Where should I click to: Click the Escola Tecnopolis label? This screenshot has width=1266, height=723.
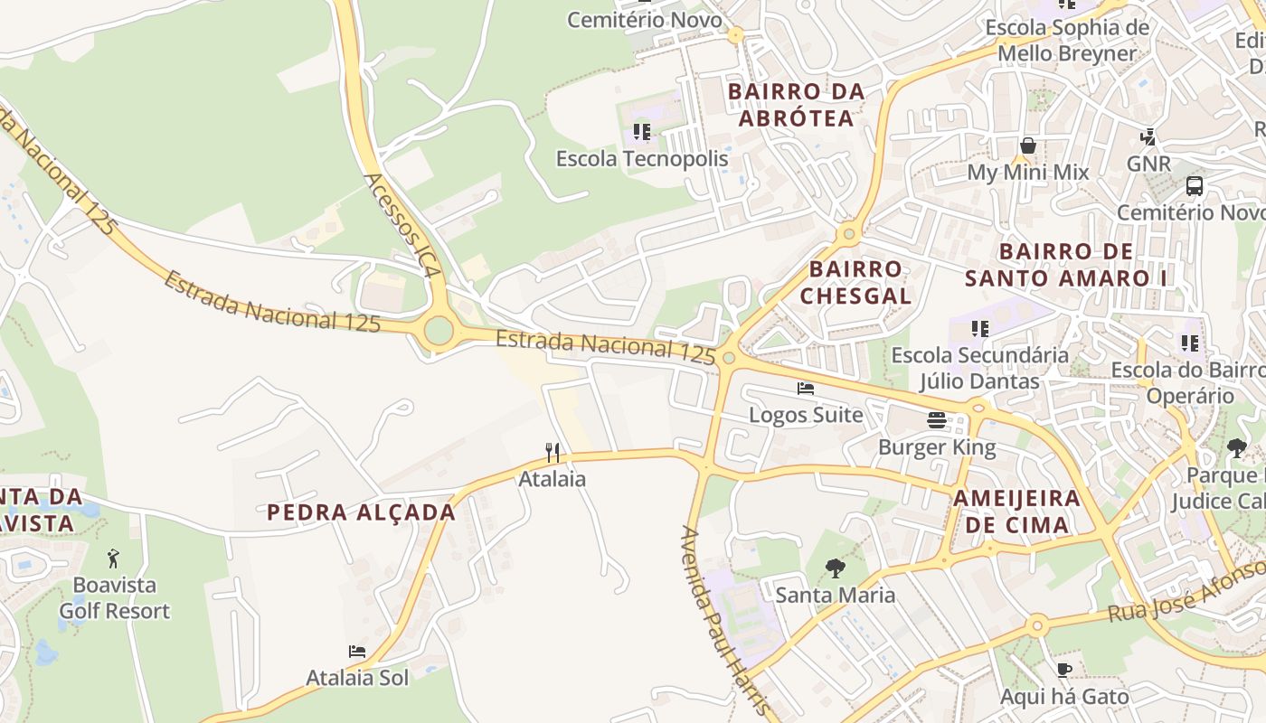(x=641, y=159)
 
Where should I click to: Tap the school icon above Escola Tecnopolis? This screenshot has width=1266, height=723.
(x=642, y=132)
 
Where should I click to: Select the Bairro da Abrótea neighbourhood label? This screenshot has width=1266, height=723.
(x=796, y=105)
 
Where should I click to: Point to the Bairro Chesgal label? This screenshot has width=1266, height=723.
(x=855, y=282)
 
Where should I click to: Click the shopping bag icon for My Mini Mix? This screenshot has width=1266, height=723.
(x=1028, y=146)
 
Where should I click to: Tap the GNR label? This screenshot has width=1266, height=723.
(x=1148, y=164)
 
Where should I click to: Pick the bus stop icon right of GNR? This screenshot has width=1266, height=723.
(x=1195, y=186)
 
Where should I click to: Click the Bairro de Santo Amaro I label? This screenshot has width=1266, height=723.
(x=1066, y=264)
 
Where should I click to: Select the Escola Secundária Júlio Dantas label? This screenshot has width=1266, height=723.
(x=979, y=368)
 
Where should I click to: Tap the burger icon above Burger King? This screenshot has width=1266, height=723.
(x=937, y=420)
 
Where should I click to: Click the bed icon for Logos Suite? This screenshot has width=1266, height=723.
(x=806, y=389)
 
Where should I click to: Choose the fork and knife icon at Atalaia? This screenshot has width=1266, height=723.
(x=553, y=452)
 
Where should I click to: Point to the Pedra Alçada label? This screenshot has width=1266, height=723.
(x=361, y=512)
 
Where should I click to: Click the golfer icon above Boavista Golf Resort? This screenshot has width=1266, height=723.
(x=113, y=559)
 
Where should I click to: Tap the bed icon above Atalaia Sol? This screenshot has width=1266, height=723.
(x=357, y=652)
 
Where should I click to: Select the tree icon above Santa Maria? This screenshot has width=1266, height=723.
(x=835, y=568)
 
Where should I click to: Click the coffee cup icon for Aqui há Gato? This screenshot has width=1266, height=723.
(x=1064, y=670)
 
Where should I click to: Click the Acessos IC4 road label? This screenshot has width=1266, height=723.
(x=403, y=226)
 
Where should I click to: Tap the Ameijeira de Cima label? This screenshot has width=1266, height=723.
(x=1016, y=511)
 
